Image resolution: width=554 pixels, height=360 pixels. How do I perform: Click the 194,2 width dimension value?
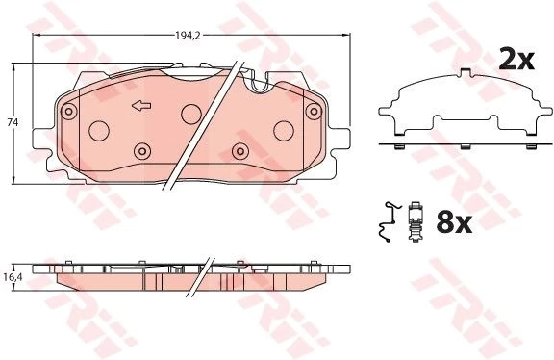pyautogui.click(x=188, y=35)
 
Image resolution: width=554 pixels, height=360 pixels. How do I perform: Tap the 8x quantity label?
pyautogui.click(x=454, y=222)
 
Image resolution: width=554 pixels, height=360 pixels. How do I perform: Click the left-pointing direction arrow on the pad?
pyautogui.click(x=141, y=105)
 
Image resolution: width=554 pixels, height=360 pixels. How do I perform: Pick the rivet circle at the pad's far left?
pyautogui.click(x=69, y=112)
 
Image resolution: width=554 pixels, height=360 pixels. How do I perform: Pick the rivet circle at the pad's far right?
pyautogui.click(x=314, y=112)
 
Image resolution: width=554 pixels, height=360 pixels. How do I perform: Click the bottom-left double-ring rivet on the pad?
pyautogui.click(x=142, y=151)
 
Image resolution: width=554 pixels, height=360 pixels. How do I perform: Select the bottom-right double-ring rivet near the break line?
pyautogui.click(x=240, y=151)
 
